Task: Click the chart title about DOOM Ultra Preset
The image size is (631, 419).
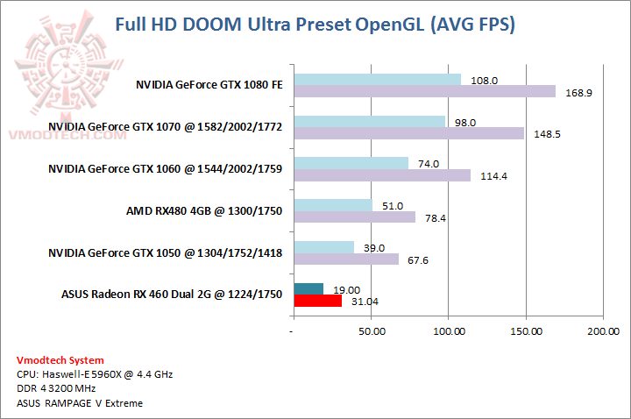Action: pyautogui.click(x=315, y=24)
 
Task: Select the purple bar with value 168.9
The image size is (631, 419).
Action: pyautogui.click(x=424, y=91)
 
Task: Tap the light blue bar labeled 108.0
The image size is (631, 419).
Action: pyautogui.click(x=377, y=80)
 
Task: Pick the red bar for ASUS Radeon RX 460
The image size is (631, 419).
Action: pyautogui.click(x=318, y=301)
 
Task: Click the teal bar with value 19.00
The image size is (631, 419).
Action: pyautogui.click(x=308, y=289)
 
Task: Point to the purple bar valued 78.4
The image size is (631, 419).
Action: pyautogui.click(x=355, y=217)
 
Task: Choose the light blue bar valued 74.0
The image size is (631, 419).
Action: pyautogui.click(x=351, y=164)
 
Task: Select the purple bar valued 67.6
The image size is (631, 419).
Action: pyautogui.click(x=346, y=259)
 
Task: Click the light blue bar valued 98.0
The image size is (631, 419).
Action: pyautogui.click(x=369, y=122)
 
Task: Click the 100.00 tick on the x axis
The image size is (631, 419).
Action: pyautogui.click(x=450, y=331)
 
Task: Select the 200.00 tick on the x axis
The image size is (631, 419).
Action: pyautogui.click(x=602, y=331)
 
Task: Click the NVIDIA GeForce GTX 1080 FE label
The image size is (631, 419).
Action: pyautogui.click(x=209, y=86)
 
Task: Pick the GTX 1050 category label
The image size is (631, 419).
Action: pyautogui.click(x=165, y=253)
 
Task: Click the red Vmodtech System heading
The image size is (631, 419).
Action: pyautogui.click(x=60, y=360)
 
